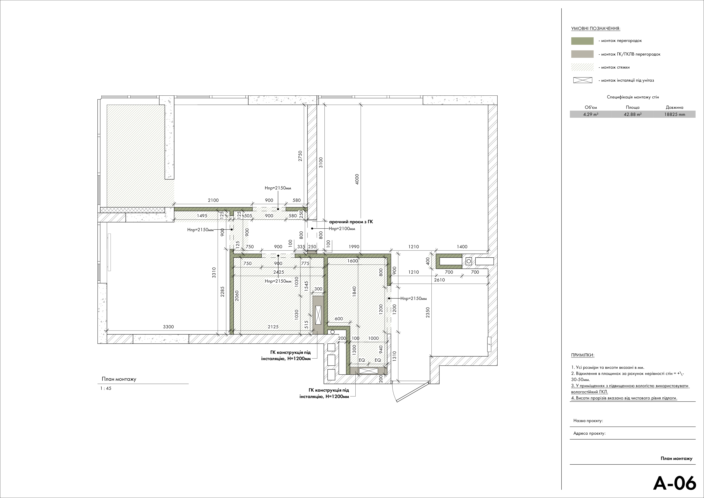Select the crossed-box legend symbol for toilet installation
tap(583, 80)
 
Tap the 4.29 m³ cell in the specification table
tap(591, 115)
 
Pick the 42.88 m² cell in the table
tap(632, 115)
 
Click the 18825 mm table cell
tap(675, 115)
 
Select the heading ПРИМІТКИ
tap(583, 355)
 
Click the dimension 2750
tap(300, 156)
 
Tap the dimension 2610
tap(439, 280)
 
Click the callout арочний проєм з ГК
tap(351, 221)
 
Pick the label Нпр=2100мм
tap(342, 229)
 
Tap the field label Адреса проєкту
tap(589, 434)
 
